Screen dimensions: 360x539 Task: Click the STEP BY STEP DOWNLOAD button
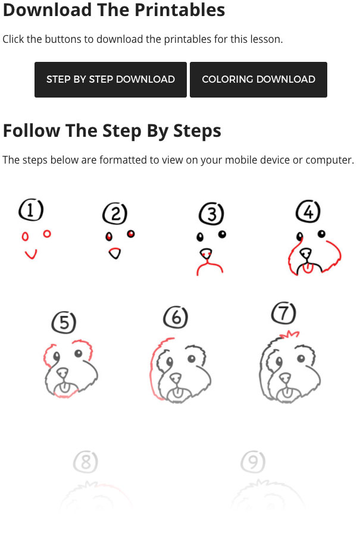coord(110,79)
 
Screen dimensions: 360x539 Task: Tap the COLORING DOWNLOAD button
coord(258,79)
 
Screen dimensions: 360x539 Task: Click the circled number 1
coord(31,209)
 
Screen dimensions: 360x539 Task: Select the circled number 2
coord(115,214)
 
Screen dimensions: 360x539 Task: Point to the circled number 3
coord(211,214)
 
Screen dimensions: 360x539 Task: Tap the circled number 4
coord(308,211)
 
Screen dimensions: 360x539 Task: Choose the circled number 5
coord(64,322)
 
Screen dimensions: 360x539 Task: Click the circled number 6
coord(176,317)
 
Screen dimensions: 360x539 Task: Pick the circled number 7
coord(284,313)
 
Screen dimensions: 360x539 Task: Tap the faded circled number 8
coord(86,462)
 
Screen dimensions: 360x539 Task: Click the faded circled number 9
coord(253,462)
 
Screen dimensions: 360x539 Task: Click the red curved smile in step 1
coord(30,256)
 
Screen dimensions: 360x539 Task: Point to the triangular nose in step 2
coord(115,253)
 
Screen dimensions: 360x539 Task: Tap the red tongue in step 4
coord(308,268)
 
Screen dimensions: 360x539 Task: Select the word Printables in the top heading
coord(180,10)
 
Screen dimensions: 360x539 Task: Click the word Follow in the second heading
coord(32,131)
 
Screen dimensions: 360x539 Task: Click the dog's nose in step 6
coord(176,377)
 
